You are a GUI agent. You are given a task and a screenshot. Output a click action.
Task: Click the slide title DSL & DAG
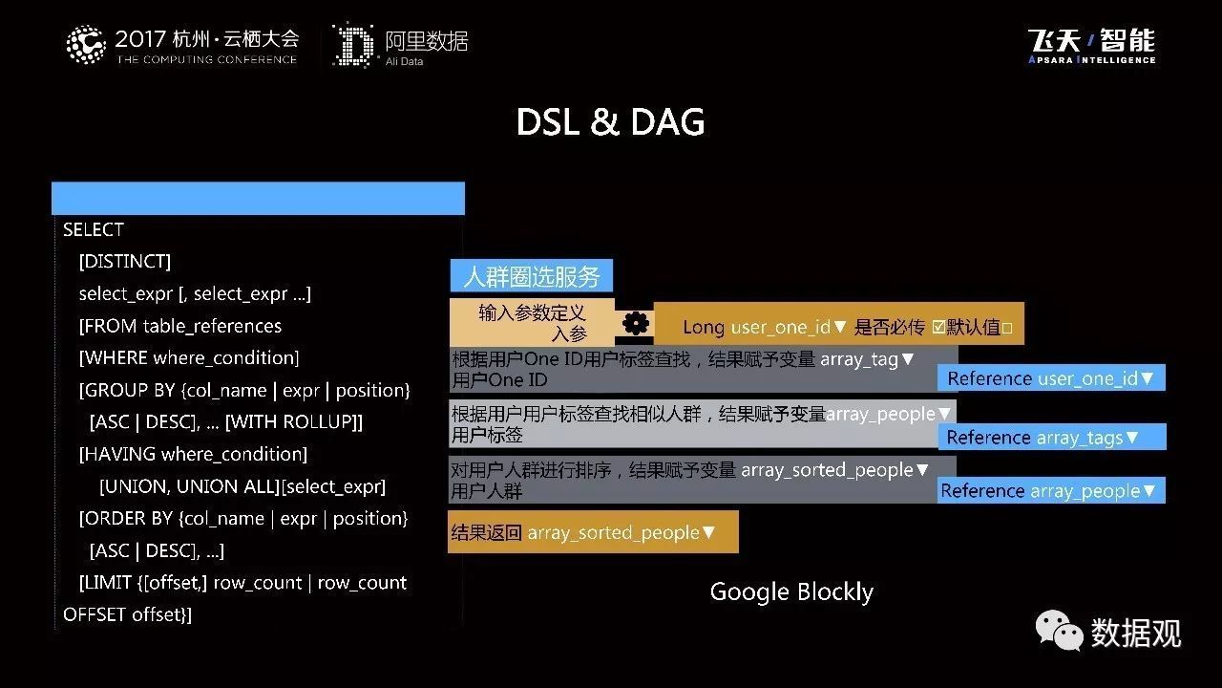tap(610, 121)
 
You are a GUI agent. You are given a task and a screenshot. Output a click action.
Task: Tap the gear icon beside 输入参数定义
tap(635, 324)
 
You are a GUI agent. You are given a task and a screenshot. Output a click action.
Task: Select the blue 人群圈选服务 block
tap(532, 276)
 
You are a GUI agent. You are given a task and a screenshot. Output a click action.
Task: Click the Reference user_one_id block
tap(1051, 377)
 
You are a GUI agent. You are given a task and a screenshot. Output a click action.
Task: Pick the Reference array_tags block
tap(1052, 437)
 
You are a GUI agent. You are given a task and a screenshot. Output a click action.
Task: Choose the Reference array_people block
tap(1051, 490)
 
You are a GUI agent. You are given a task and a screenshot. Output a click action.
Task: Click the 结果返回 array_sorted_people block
tap(593, 532)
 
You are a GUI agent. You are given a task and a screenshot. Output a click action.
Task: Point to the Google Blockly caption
tap(791, 591)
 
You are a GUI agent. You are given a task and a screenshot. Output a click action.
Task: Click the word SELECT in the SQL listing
tap(94, 230)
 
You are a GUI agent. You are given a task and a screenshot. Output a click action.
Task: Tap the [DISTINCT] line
tap(125, 262)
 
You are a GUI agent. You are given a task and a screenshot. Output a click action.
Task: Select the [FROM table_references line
tap(180, 326)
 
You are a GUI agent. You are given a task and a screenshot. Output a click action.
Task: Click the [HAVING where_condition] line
tap(193, 454)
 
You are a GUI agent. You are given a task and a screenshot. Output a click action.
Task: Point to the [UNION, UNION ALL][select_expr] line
tap(242, 486)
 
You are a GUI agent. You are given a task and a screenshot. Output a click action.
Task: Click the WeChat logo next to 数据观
tap(1059, 630)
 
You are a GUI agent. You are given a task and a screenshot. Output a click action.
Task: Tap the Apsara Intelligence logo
tap(1091, 46)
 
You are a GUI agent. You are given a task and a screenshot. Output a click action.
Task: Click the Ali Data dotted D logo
tap(355, 45)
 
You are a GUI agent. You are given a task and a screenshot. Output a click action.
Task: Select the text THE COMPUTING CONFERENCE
tap(207, 59)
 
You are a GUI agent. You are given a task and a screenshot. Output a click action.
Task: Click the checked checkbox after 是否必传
tap(938, 327)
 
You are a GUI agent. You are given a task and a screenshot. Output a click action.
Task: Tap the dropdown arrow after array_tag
tap(908, 358)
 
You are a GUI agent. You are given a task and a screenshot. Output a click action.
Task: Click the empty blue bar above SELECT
tap(258, 198)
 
